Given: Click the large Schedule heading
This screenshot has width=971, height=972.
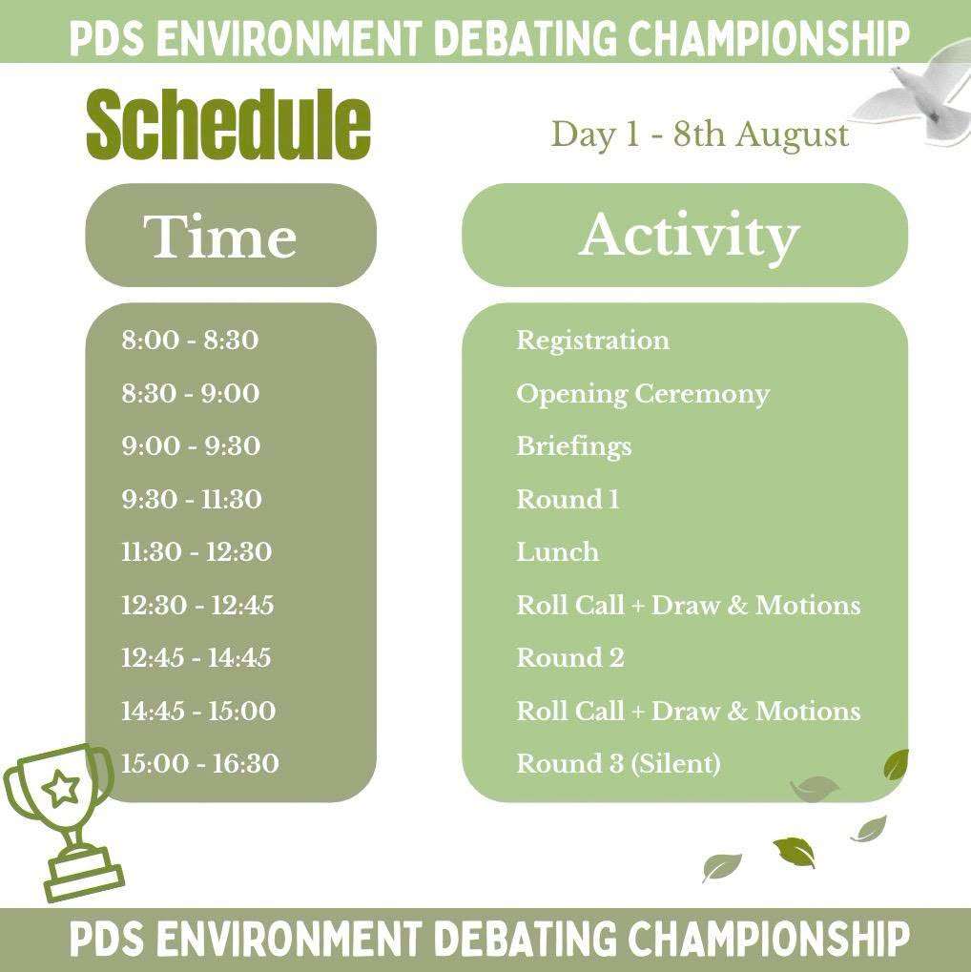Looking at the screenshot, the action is [x=228, y=124].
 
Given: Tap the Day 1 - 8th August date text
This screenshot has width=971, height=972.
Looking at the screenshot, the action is [x=700, y=134].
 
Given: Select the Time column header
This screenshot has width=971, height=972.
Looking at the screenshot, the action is [x=220, y=236].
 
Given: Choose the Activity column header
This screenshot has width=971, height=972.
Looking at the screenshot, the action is [x=689, y=237].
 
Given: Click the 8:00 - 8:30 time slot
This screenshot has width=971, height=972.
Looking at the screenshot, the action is [x=190, y=340].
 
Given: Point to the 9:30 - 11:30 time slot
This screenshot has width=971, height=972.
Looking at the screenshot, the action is [x=192, y=499].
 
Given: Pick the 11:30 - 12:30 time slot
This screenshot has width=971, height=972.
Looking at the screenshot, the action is [x=196, y=551].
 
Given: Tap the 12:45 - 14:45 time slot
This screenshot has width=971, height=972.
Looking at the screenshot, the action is [x=196, y=658].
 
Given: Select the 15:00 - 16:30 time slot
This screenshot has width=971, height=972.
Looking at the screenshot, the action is [x=199, y=764].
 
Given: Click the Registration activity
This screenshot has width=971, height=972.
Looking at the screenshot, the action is [x=592, y=341].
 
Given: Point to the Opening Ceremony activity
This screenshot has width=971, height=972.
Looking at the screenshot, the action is [x=643, y=395].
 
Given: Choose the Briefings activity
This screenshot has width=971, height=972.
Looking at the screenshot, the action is [x=574, y=447].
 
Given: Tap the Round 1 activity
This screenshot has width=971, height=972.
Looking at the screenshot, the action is [x=568, y=499].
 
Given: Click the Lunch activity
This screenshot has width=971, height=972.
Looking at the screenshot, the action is [x=558, y=551].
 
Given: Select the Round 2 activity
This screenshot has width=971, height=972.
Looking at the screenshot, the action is [x=570, y=658].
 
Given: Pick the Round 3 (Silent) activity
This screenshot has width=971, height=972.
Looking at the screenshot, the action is [x=619, y=764].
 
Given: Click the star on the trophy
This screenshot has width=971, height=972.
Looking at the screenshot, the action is [x=59, y=789].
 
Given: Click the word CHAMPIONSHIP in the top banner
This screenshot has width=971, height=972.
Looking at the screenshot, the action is [x=769, y=37].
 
